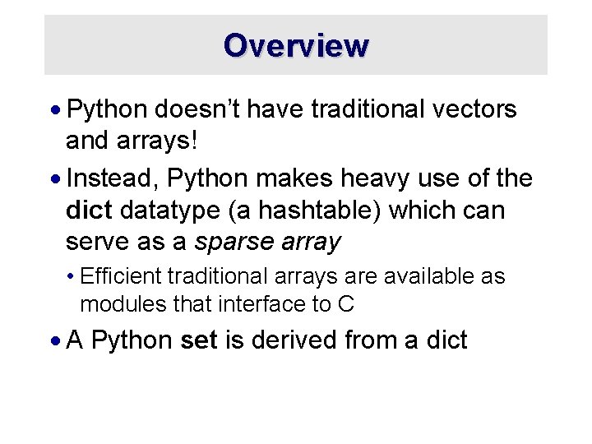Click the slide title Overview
[296, 44]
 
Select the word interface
[262, 303]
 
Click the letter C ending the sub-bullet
[346, 303]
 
